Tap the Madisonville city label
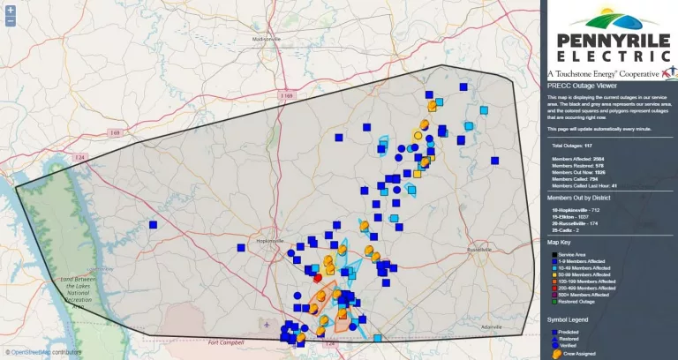[266, 40]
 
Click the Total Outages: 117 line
[571, 145]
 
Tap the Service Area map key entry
[572, 254]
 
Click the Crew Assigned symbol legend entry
[578, 353]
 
